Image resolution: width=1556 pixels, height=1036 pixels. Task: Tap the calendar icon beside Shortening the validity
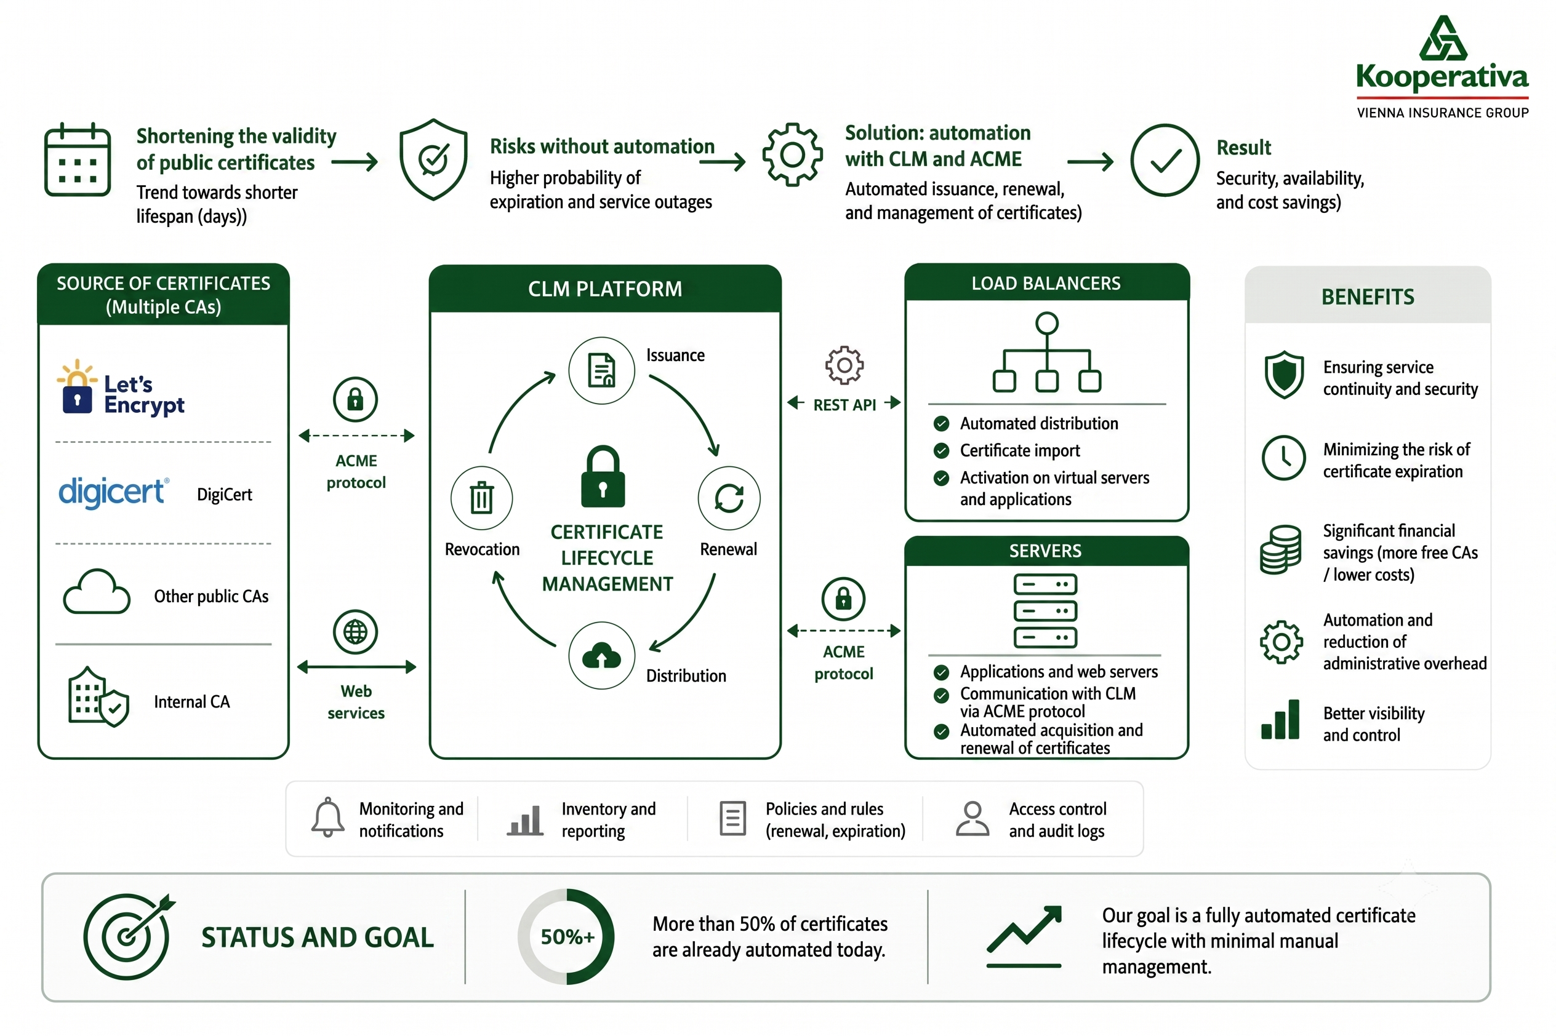pyautogui.click(x=78, y=159)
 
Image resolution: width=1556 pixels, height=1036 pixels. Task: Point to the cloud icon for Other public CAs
pyautogui.click(x=97, y=592)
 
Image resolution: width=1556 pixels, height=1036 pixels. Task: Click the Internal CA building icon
pyautogui.click(x=98, y=697)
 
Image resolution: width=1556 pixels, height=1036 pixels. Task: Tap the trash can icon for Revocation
pyautogui.click(x=481, y=498)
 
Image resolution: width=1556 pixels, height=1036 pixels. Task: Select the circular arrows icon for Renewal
pyautogui.click(x=729, y=498)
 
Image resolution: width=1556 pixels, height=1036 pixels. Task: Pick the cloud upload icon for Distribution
pyautogui.click(x=601, y=655)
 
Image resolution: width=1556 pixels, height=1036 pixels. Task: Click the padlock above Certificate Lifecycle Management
pyautogui.click(x=603, y=476)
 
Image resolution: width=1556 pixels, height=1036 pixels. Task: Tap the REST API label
pyautogui.click(x=844, y=405)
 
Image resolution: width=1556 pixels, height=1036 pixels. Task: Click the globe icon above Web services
pyautogui.click(x=356, y=632)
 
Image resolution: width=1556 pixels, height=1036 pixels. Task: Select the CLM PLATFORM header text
pyautogui.click(x=605, y=289)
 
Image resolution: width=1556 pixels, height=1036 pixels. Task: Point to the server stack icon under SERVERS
pyautogui.click(x=1045, y=610)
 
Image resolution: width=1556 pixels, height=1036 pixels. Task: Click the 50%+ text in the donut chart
pyautogui.click(x=567, y=936)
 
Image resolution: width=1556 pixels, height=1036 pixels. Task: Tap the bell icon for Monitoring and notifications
pyautogui.click(x=328, y=818)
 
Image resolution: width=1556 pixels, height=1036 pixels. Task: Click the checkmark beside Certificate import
pyautogui.click(x=941, y=450)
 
